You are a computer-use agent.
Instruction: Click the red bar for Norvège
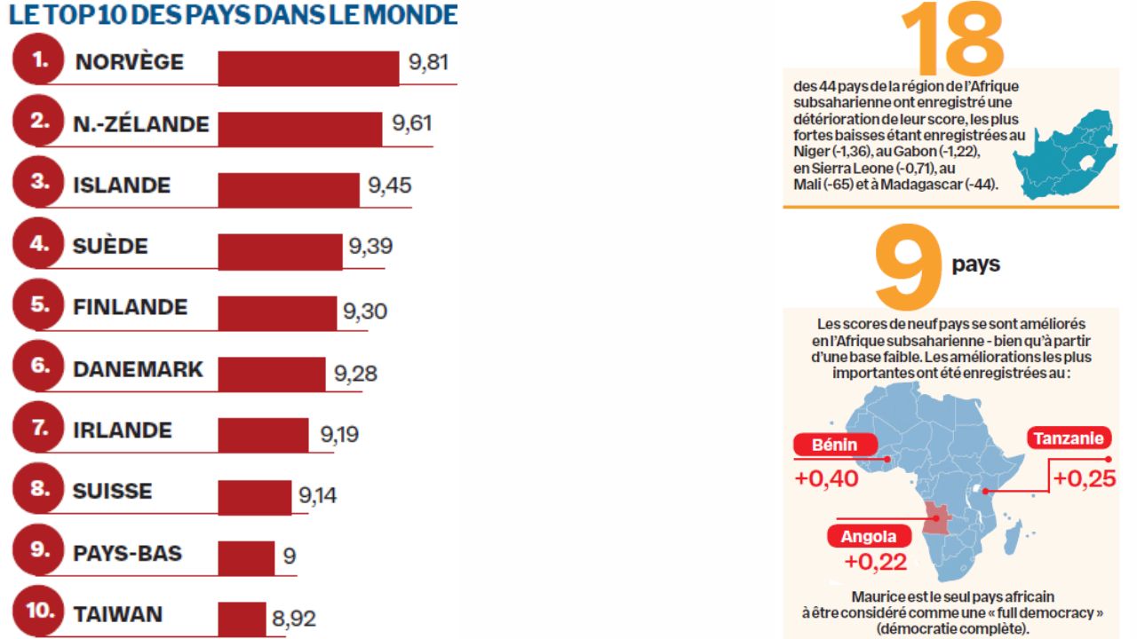click(308, 68)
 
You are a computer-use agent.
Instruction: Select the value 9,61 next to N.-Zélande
click(412, 123)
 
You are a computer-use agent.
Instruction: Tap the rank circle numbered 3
click(39, 183)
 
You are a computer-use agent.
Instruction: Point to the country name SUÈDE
click(110, 246)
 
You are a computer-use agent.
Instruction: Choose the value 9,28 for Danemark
click(355, 374)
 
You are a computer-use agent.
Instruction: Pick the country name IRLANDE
click(122, 430)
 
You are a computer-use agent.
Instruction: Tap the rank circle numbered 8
click(39, 489)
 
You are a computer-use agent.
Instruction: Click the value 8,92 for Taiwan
click(294, 619)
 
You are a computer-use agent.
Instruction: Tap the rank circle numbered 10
click(39, 612)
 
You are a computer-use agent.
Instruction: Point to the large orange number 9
click(907, 265)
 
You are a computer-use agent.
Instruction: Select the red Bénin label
click(833, 446)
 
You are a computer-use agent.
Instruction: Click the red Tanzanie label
click(1069, 438)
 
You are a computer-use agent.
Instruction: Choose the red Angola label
click(869, 537)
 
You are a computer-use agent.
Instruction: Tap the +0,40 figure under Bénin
click(826, 478)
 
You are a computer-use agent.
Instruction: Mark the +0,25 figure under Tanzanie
click(1085, 478)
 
